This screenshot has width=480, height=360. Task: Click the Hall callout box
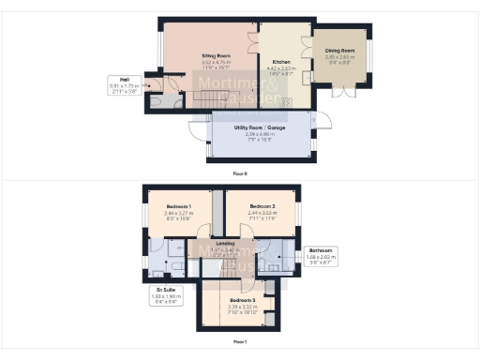[124, 87]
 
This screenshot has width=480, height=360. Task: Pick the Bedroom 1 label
[178, 206]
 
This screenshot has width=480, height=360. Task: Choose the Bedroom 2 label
[262, 206]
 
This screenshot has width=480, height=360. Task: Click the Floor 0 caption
[240, 173]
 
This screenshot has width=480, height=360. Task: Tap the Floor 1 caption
[240, 342]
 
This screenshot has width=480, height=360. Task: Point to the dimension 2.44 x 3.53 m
[262, 213]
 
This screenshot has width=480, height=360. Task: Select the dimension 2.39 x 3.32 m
[241, 307]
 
